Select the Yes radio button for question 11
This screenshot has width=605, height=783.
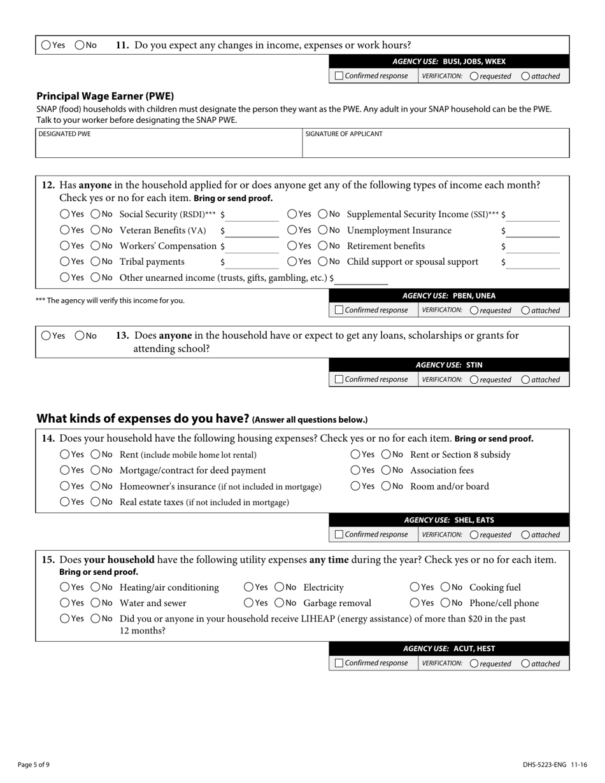[46, 45]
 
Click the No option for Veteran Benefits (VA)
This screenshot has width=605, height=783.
[96, 230]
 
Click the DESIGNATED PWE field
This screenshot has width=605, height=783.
[169, 147]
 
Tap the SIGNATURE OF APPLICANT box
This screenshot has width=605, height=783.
[436, 147]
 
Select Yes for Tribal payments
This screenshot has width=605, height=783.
[65, 262]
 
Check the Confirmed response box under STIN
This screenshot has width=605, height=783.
[339, 379]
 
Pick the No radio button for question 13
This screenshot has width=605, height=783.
[80, 335]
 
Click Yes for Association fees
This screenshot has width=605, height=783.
[355, 470]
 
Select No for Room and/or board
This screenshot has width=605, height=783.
[387, 486]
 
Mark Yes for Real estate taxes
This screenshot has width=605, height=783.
[65, 502]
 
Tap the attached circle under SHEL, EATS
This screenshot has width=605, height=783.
[525, 535]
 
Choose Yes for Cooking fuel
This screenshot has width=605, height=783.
[415, 587]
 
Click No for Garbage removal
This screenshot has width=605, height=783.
[280, 603]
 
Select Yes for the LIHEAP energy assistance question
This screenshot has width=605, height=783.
[65, 618]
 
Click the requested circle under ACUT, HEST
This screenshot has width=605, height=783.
[474, 663]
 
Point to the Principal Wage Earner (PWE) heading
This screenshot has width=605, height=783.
[105, 96]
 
